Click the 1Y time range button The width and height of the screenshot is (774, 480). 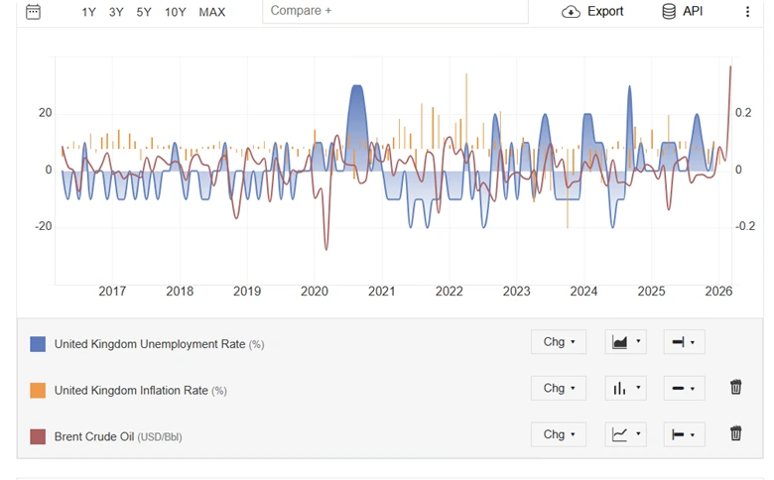[89, 12]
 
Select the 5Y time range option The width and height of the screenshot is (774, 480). [144, 12]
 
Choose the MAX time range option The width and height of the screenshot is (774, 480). [211, 12]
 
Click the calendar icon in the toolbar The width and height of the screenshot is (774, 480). [33, 12]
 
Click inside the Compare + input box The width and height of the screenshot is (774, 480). [395, 11]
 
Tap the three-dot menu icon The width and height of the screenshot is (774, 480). [747, 12]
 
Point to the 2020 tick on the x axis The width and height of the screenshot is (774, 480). [314, 292]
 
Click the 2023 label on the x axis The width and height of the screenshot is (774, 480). [516, 292]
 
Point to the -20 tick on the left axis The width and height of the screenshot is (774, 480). [44, 226]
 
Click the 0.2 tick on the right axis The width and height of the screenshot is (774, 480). [743, 113]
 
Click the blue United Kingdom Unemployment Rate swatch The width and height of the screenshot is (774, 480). [38, 344]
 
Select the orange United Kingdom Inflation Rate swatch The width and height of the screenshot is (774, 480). [38, 390]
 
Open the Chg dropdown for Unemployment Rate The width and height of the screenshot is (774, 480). [558, 342]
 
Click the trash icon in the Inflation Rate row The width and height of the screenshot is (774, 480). [735, 388]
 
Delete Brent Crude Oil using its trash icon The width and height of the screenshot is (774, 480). [735, 433]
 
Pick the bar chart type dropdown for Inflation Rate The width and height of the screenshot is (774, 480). [624, 388]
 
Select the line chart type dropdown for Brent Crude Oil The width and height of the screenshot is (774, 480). [624, 433]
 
